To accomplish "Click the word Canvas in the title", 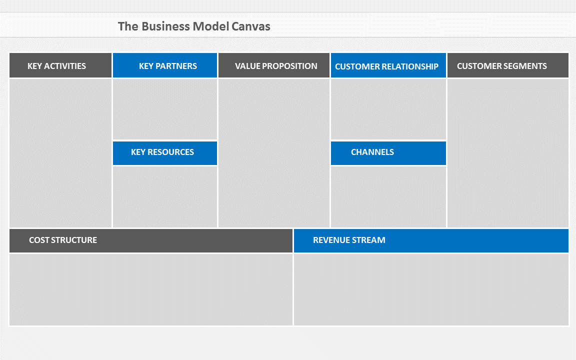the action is pos(251,26).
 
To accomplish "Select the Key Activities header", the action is pos(60,65).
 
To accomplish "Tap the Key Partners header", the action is pos(165,65).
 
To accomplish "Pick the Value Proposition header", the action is pos(273,65).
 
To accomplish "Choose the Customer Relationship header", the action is pos(388,65).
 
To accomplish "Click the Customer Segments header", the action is pos(508,65).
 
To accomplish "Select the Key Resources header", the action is pos(165,153).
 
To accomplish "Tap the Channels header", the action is pos(388,153).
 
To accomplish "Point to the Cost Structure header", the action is pos(151,240).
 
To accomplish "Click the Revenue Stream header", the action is pos(431,240).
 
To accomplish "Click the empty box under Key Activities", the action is pos(60,153).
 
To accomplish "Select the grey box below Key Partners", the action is pos(165,109).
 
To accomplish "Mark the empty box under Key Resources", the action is pos(165,197).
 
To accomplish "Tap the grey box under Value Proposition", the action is pos(273,153).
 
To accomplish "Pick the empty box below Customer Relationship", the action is pos(388,109).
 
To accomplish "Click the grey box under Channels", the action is pos(388,197).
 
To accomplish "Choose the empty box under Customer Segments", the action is pos(508,153).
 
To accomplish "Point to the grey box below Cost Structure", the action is pos(151,289).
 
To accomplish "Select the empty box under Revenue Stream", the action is pos(431,289).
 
